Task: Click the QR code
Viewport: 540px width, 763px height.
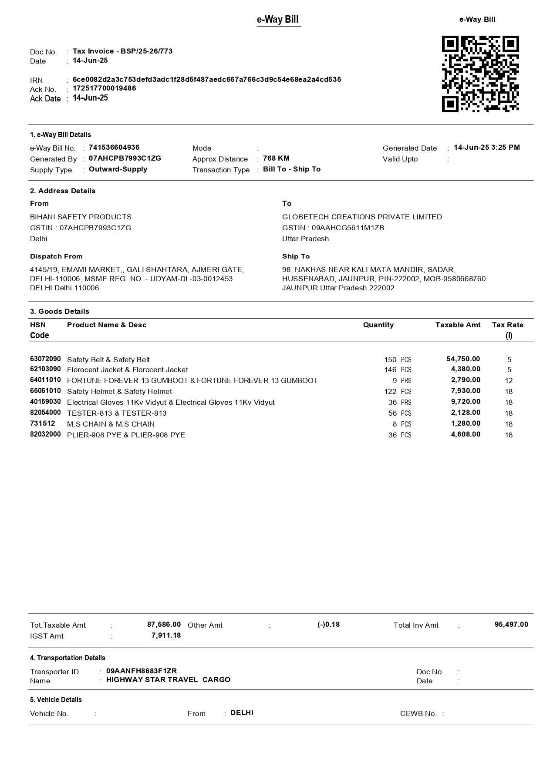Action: (480, 74)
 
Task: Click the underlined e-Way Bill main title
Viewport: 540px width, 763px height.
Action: (278, 20)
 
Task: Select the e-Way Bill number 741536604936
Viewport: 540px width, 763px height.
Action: (114, 148)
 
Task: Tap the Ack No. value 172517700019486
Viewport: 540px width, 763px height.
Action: (104, 88)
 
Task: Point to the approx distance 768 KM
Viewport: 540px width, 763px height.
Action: (276, 158)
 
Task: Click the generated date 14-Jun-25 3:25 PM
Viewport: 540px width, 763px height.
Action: (486, 148)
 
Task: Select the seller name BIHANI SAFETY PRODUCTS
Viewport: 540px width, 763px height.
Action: (81, 217)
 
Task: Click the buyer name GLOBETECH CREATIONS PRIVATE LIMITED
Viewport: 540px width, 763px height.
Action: (362, 217)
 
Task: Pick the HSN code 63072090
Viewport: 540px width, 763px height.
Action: (45, 359)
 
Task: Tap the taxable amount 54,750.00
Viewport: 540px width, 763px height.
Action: (463, 359)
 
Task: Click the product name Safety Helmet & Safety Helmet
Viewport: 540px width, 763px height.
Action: (119, 391)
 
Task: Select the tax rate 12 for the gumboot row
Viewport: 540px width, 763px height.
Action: (509, 380)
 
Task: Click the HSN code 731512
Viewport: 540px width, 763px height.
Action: (42, 424)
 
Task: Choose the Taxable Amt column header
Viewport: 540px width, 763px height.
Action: (458, 325)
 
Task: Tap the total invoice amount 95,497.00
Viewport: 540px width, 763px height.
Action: (511, 625)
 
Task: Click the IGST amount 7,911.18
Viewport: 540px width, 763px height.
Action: (166, 635)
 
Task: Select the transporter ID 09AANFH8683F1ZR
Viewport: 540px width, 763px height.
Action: (142, 671)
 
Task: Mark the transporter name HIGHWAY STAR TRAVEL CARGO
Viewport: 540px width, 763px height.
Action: (168, 680)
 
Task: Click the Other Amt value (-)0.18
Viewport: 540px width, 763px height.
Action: (328, 625)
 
